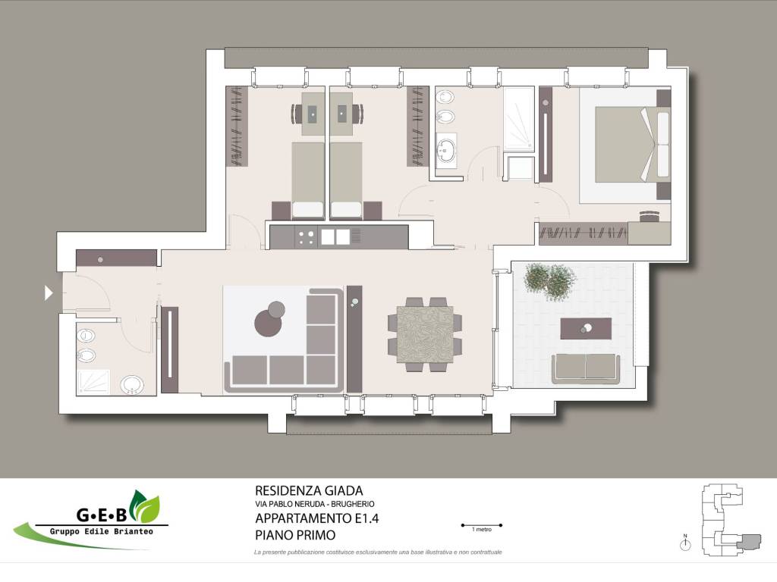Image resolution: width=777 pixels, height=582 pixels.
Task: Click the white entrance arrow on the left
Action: click(49, 293)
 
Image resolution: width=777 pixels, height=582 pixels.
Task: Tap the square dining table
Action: click(425, 334)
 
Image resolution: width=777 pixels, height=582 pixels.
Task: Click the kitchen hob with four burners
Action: click(307, 237)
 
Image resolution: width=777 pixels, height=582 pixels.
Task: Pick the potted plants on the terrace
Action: click(551, 281)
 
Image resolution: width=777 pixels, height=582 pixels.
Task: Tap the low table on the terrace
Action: click(586, 329)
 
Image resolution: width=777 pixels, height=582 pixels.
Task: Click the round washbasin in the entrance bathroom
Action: click(132, 384)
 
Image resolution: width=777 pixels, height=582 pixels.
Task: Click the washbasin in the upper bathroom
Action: click(447, 150)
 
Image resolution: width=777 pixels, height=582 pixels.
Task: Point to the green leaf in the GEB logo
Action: click(145, 506)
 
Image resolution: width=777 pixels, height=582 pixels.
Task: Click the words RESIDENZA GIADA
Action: click(309, 490)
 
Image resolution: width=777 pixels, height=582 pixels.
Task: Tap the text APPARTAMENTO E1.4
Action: click(317, 518)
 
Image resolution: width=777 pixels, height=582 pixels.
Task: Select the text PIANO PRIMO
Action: click(295, 535)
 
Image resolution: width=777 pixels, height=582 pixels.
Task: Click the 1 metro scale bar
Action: click(482, 525)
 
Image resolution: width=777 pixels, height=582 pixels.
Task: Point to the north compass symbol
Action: click(685, 543)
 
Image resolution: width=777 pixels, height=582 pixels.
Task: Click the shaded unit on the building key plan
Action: click(749, 541)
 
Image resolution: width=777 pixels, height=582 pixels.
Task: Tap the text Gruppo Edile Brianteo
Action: click(102, 531)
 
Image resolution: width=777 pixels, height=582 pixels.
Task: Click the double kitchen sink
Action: click(335, 237)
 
